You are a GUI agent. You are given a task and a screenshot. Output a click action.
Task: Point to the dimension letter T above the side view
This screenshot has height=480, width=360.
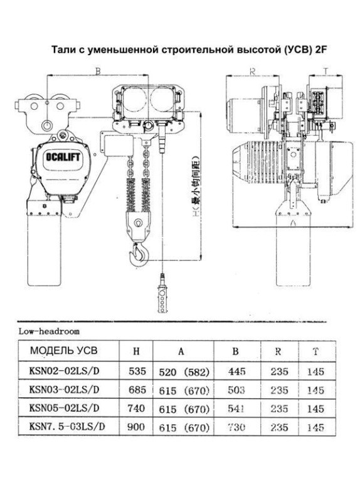click(325, 71)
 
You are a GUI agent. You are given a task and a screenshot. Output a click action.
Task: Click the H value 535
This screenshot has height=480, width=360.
click(137, 371)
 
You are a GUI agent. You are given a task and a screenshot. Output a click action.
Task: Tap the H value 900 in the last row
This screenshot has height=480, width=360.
click(137, 428)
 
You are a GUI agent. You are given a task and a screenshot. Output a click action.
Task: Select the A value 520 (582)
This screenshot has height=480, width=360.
click(182, 371)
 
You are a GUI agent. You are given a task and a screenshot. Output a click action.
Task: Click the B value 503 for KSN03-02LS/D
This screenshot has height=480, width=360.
click(236, 390)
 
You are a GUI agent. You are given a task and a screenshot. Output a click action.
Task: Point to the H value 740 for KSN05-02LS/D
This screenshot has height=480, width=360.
click(137, 409)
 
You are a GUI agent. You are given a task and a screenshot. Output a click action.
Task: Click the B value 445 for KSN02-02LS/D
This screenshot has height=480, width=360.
click(236, 371)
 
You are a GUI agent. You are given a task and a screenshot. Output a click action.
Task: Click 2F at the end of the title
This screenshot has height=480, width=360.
click(312, 50)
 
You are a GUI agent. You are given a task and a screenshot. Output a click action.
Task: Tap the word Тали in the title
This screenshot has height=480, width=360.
click(63, 50)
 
